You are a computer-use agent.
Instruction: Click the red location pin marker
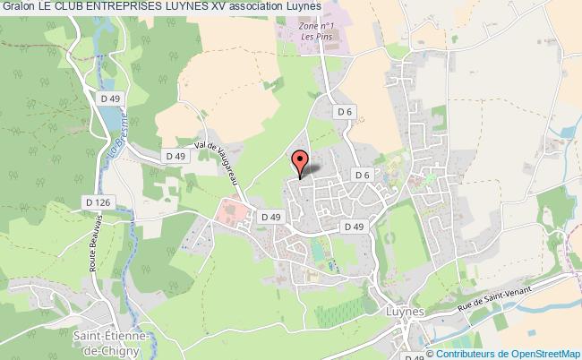[x=301, y=162]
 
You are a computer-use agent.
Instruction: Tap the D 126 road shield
[x=99, y=202]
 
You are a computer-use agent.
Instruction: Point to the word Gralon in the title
[x=20, y=8]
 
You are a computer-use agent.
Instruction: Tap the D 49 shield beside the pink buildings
[x=270, y=217]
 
